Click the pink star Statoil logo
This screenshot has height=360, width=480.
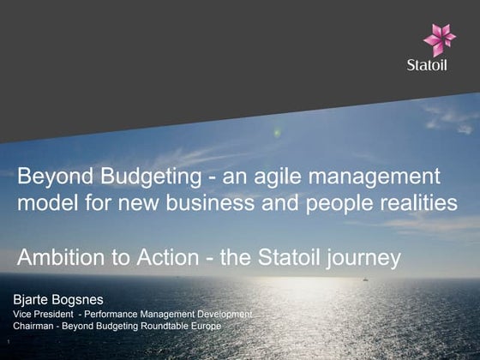(440, 39)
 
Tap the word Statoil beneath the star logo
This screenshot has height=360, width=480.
(440, 65)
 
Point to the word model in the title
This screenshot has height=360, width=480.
(45, 203)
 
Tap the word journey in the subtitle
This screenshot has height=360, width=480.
(359, 258)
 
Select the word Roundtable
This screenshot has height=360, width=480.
(166, 327)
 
